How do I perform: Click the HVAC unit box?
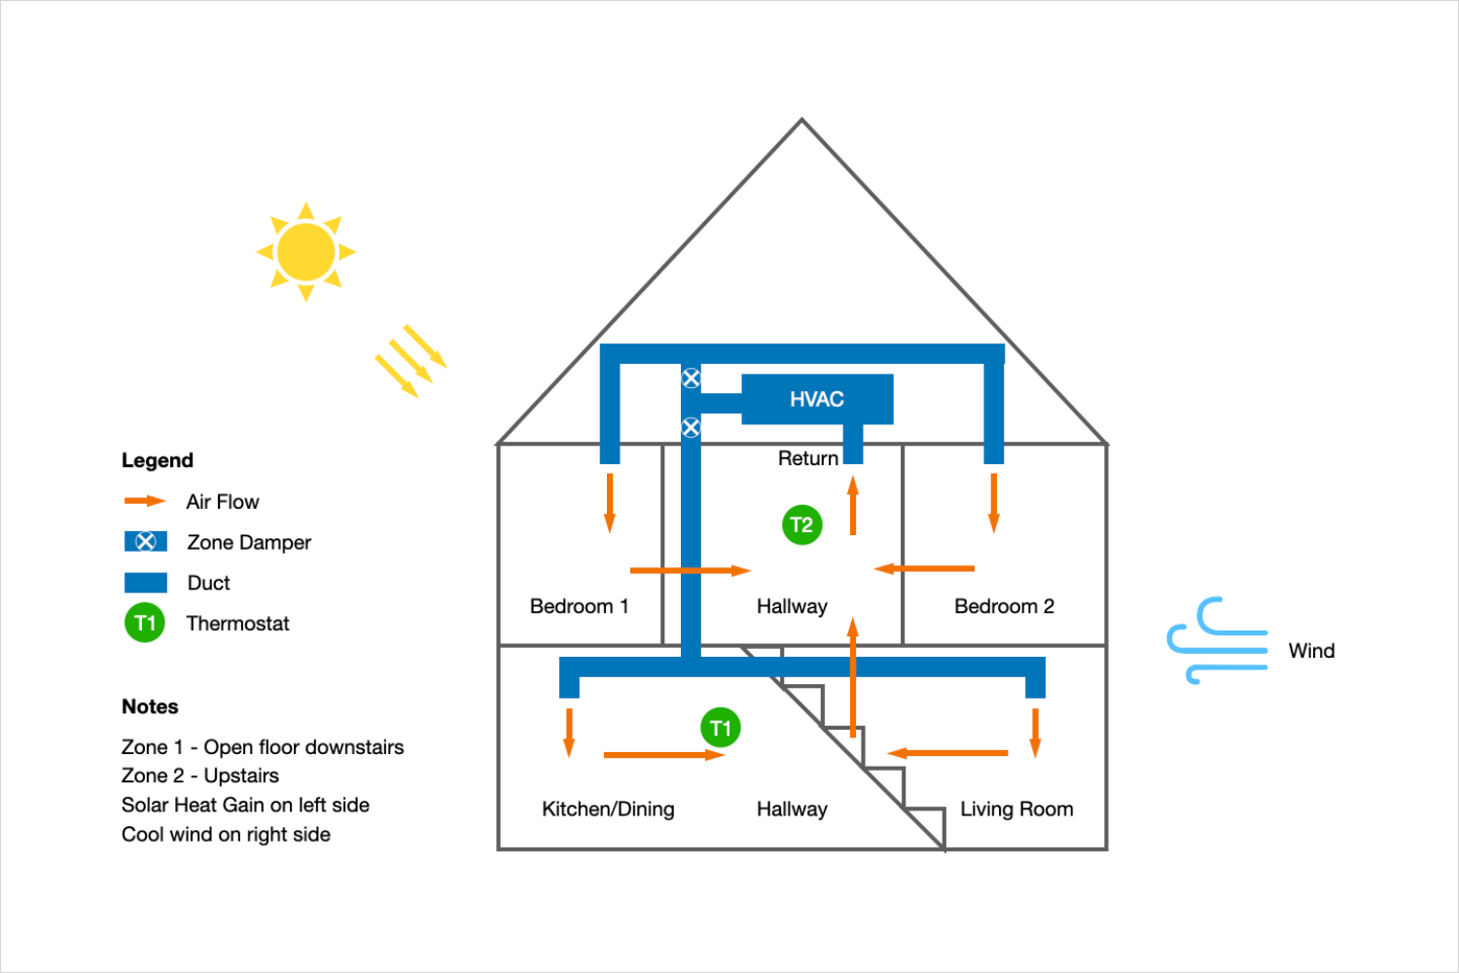click(x=817, y=399)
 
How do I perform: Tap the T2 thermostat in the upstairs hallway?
click(x=801, y=525)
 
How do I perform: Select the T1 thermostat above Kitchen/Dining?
click(x=720, y=728)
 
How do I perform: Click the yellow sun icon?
click(x=305, y=252)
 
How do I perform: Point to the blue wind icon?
click(x=1216, y=642)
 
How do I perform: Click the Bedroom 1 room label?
click(x=579, y=606)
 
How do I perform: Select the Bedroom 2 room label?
click(x=1004, y=606)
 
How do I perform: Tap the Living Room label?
click(x=1016, y=809)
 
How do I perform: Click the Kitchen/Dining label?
click(x=608, y=809)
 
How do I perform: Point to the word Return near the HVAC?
click(x=807, y=458)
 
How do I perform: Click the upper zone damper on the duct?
click(x=691, y=378)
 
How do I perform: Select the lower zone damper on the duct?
click(x=691, y=427)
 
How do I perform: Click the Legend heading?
click(x=158, y=460)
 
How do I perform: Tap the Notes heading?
click(x=150, y=706)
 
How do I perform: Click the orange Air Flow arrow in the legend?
click(x=145, y=501)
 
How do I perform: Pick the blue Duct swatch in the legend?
click(x=146, y=583)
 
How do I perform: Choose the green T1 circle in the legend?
click(x=145, y=623)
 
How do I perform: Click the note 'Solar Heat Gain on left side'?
click(x=245, y=805)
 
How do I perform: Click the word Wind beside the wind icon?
click(x=1311, y=651)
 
